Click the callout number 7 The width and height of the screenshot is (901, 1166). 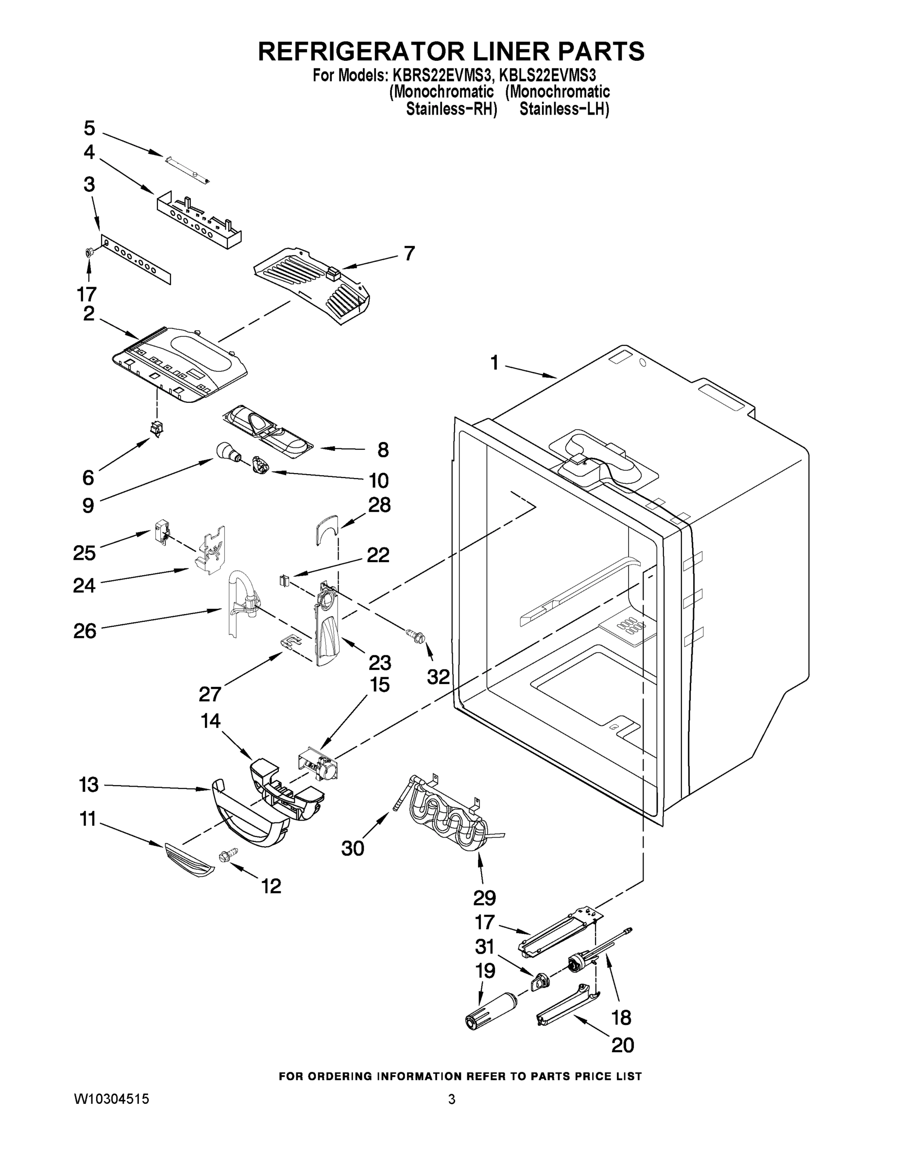(409, 253)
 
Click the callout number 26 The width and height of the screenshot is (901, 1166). (85, 631)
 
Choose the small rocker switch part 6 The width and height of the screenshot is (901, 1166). (157, 428)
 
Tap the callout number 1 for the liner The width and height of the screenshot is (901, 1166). (494, 363)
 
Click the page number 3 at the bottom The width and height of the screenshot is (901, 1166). (452, 1099)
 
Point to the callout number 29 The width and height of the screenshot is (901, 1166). (484, 898)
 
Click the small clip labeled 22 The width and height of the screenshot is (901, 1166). (285, 580)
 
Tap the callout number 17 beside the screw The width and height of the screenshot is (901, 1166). (86, 294)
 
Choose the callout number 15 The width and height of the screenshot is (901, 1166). (380, 685)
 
